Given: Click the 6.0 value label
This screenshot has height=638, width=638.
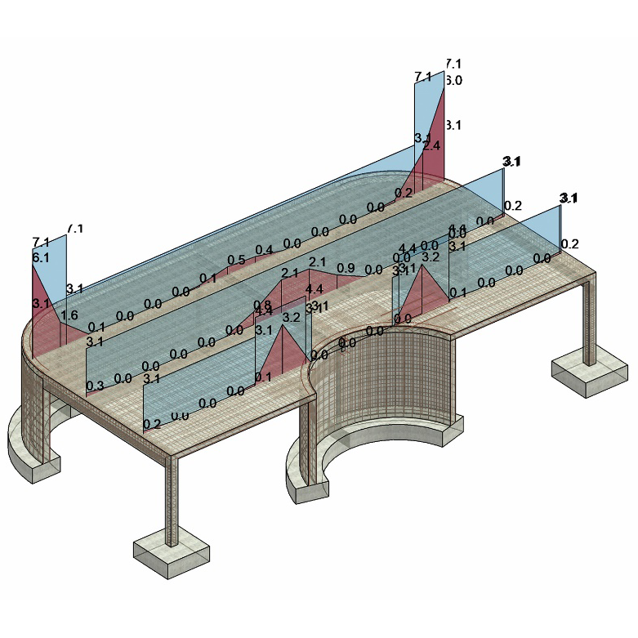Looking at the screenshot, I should pyautogui.click(x=453, y=80).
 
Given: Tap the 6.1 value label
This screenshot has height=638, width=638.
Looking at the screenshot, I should pyautogui.click(x=41, y=257).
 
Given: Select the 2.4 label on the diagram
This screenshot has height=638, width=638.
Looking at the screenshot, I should pyautogui.click(x=431, y=145).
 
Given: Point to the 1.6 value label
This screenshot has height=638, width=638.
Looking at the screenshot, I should pyautogui.click(x=69, y=315).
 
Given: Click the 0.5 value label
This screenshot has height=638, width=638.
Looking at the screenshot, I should pyautogui.click(x=236, y=260).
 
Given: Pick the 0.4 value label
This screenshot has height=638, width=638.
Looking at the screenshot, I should pyautogui.click(x=264, y=249).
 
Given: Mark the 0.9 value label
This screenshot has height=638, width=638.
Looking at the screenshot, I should pyautogui.click(x=346, y=268).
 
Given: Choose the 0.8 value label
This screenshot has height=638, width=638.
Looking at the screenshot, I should pyautogui.click(x=262, y=305).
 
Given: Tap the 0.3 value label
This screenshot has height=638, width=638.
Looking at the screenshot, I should pyautogui.click(x=95, y=386).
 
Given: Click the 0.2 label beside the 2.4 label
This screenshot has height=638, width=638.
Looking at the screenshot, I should pyautogui.click(x=404, y=193).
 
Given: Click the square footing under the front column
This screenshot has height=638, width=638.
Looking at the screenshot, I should pyautogui.click(x=171, y=556).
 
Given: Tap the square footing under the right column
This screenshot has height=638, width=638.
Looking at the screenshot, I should pyautogui.click(x=585, y=375).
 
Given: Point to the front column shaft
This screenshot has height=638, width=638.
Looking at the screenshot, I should pyautogui.click(x=171, y=498).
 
